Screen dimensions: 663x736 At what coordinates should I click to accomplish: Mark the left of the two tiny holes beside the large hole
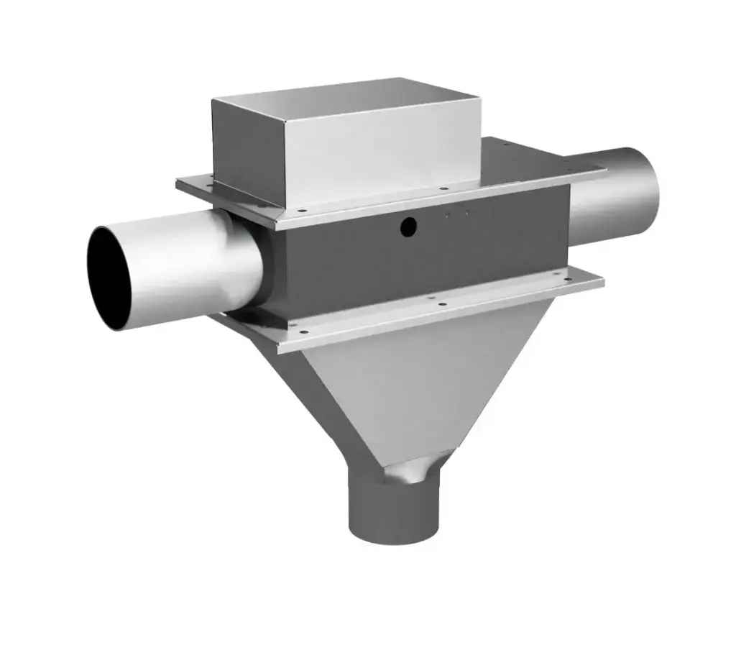[448, 214]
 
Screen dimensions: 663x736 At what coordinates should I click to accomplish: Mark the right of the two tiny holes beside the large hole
[467, 212]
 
